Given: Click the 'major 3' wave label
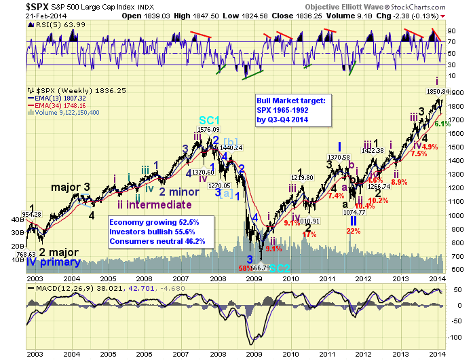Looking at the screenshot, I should [71, 187].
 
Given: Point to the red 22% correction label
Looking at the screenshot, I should [353, 231].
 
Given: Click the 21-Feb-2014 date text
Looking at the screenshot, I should [24, 15].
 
